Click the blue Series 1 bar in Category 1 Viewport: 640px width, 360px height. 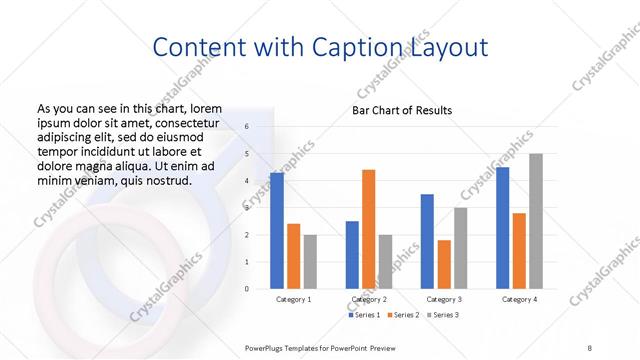tap(277, 231)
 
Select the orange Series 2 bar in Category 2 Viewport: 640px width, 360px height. tap(369, 229)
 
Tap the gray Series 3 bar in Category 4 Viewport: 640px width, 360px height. tap(536, 221)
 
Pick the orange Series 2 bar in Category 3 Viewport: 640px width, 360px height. tap(444, 264)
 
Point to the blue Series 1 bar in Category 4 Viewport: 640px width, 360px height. tap(502, 228)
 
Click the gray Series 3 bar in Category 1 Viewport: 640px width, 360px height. tap(310, 262)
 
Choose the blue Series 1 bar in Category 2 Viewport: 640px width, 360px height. tap(352, 255)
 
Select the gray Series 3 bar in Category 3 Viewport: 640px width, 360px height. tap(461, 248)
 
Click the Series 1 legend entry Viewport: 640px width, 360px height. tap(368, 315)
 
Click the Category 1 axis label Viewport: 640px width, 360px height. tap(293, 299)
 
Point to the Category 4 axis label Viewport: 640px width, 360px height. tap(519, 299)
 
